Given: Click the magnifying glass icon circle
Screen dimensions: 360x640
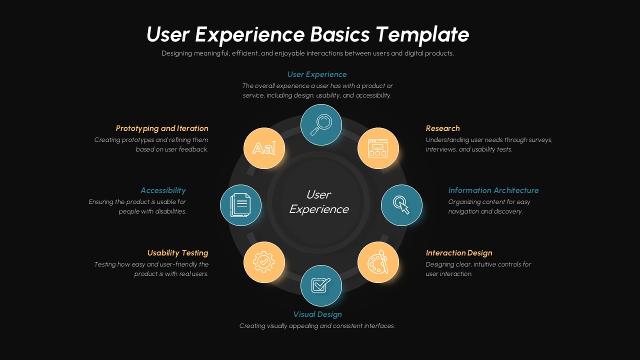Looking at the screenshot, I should [321, 125].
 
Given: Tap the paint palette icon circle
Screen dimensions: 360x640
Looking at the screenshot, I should [378, 262].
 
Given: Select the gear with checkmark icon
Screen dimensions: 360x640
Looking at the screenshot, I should [264, 262].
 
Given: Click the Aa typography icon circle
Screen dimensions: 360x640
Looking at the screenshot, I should [264, 148].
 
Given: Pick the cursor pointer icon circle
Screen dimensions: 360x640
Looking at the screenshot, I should [401, 205].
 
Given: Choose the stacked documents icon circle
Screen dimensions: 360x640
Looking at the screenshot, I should [241, 205].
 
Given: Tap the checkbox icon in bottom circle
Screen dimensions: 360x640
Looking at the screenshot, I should [321, 285].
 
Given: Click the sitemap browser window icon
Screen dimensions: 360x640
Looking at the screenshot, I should [378, 148].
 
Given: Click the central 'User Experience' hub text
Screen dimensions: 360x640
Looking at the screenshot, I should [318, 202].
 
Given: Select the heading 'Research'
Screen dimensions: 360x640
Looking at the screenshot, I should [442, 128].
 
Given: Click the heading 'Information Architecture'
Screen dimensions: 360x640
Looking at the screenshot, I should [493, 190].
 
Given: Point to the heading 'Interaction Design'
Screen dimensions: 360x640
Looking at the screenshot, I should [458, 253].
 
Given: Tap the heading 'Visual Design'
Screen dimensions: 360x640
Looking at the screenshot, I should [317, 314].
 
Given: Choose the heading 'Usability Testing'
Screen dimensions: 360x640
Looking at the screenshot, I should [177, 253].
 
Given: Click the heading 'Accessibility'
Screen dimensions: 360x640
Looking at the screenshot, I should [163, 190].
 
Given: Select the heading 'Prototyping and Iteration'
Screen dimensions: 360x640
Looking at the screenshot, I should [162, 128].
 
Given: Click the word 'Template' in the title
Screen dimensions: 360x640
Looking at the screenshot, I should [422, 34].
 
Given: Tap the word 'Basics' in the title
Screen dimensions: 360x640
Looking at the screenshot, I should [339, 34].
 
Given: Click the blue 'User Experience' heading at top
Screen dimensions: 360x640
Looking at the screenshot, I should [317, 74].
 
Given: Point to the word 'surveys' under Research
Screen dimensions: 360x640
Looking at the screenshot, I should [539, 140].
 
